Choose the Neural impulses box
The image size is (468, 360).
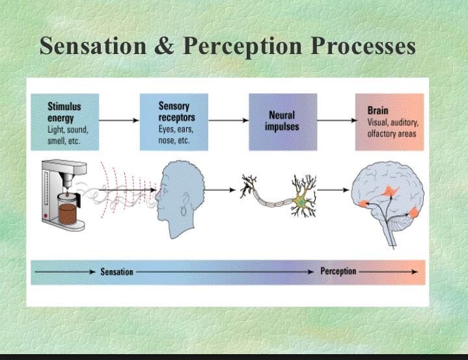click(x=282, y=122)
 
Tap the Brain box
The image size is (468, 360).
click(x=389, y=122)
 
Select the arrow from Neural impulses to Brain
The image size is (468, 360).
click(x=336, y=120)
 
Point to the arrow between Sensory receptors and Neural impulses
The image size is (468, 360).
click(x=228, y=120)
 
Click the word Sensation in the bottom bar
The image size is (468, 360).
click(x=117, y=271)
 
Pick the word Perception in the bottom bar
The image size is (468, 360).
click(x=338, y=271)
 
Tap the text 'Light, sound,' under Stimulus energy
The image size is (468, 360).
click(x=68, y=130)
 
